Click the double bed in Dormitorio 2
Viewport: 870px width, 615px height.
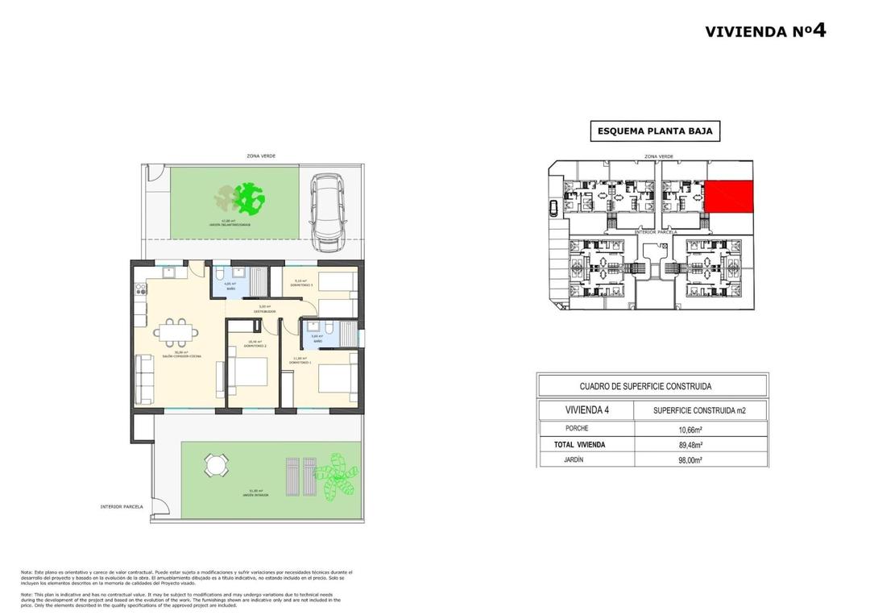tap(249, 372)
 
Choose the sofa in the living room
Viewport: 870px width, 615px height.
tap(145, 379)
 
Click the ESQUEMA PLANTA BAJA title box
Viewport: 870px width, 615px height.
tap(654, 131)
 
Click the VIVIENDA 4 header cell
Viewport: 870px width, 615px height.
tap(586, 410)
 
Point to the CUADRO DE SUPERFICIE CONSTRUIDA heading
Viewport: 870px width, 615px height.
tap(651, 387)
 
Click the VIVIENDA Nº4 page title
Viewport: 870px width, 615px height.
tap(764, 31)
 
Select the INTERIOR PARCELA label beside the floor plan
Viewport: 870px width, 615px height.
tap(122, 507)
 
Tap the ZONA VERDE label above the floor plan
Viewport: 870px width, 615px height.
tap(261, 156)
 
